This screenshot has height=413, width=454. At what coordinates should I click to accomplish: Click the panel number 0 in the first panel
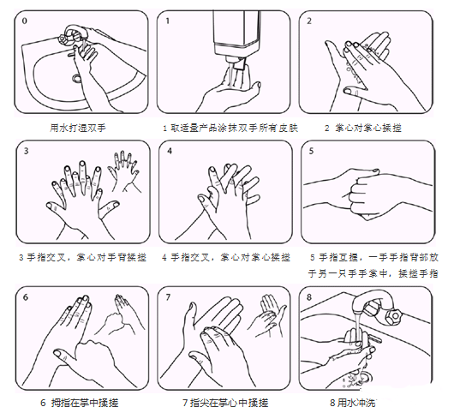(x=25, y=21)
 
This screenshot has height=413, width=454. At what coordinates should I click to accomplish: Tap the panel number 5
(x=311, y=151)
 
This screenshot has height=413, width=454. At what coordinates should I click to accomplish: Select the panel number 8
(x=309, y=297)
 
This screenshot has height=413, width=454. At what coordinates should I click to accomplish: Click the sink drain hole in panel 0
(x=77, y=78)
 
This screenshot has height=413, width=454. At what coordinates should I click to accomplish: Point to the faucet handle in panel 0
(x=63, y=39)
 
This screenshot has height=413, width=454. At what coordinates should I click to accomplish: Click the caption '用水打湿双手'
(x=78, y=128)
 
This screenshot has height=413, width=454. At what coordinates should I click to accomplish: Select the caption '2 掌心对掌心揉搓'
(x=363, y=128)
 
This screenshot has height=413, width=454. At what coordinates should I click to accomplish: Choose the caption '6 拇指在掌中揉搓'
(x=80, y=403)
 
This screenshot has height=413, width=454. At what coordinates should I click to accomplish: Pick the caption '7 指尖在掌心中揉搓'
(x=225, y=403)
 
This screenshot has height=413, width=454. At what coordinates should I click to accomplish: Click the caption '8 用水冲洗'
(x=353, y=403)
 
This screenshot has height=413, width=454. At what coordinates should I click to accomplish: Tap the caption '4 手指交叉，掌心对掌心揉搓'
(x=226, y=257)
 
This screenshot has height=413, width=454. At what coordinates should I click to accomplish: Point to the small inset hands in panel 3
(x=123, y=171)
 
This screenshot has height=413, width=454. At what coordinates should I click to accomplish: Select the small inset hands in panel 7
(x=267, y=316)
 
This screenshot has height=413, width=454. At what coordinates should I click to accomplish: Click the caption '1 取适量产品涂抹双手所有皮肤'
(x=230, y=128)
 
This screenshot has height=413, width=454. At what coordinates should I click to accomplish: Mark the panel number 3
(x=26, y=151)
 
